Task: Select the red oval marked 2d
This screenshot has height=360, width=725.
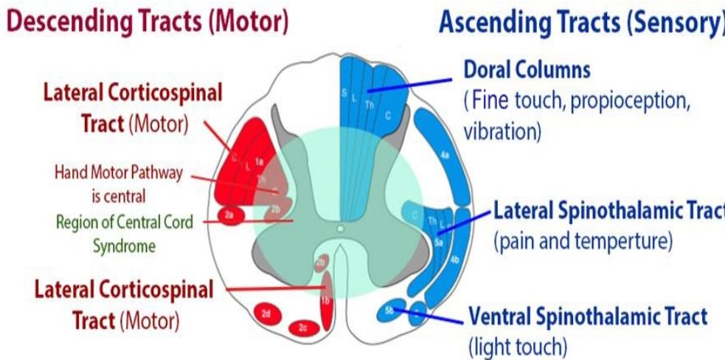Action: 266,314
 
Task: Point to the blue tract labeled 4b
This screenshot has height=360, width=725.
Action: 455,260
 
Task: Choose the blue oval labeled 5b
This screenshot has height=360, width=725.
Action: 390,311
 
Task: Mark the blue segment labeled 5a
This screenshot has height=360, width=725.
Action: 438,240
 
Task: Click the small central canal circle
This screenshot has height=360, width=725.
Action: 340,229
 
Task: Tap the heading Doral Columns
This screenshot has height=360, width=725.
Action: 527,70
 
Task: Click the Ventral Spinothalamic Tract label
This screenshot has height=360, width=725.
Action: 588,316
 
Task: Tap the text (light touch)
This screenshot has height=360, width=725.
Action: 515,345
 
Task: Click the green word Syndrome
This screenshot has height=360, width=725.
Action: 124,246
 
